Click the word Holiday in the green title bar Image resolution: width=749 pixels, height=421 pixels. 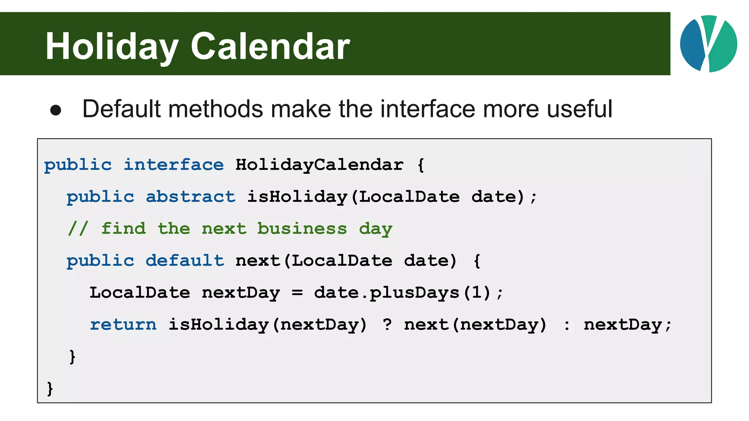tap(112, 47)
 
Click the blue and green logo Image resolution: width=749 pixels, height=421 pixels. tap(708, 44)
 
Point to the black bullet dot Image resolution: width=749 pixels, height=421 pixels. tap(56, 110)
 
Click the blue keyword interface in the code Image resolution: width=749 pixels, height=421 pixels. tap(174, 165)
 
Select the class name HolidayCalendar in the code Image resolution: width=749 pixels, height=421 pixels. tap(319, 165)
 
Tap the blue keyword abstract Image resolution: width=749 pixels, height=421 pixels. tap(191, 197)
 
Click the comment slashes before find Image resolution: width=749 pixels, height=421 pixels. tap(78, 229)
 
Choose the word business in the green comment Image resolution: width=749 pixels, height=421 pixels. tap(302, 229)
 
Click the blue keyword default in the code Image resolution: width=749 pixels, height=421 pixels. tap(185, 261)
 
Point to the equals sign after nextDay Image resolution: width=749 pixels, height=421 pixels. tap(297, 293)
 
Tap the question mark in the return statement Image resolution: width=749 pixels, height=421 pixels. tap(387, 325)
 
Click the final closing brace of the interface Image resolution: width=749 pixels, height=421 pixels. tap(50, 388)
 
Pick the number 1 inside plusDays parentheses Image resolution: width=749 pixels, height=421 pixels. tap(477, 293)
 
